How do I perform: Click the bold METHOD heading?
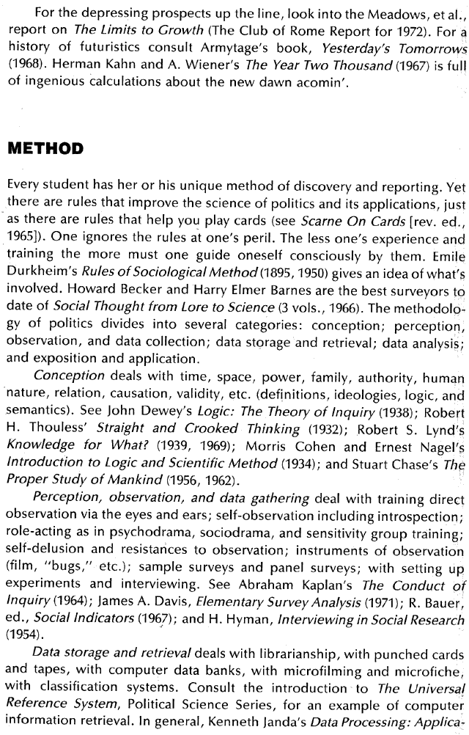point(48,149)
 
